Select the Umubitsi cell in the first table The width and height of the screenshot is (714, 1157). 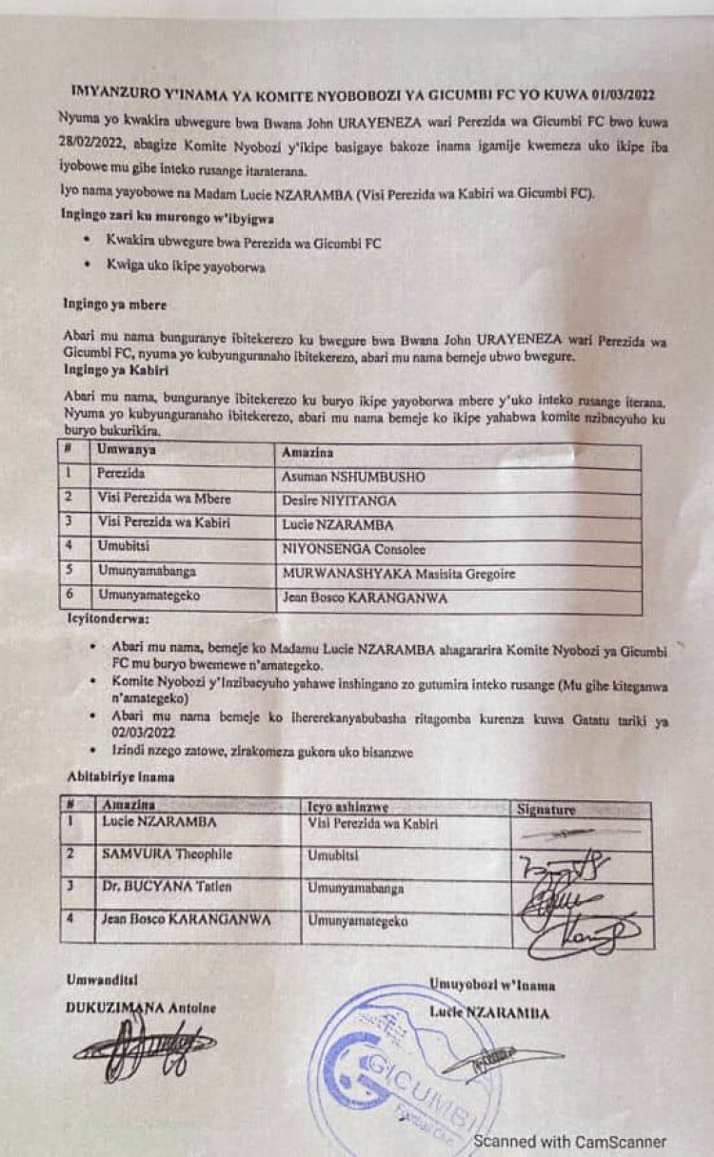pyautogui.click(x=121, y=548)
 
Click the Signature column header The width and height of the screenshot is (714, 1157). pyautogui.click(x=546, y=810)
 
